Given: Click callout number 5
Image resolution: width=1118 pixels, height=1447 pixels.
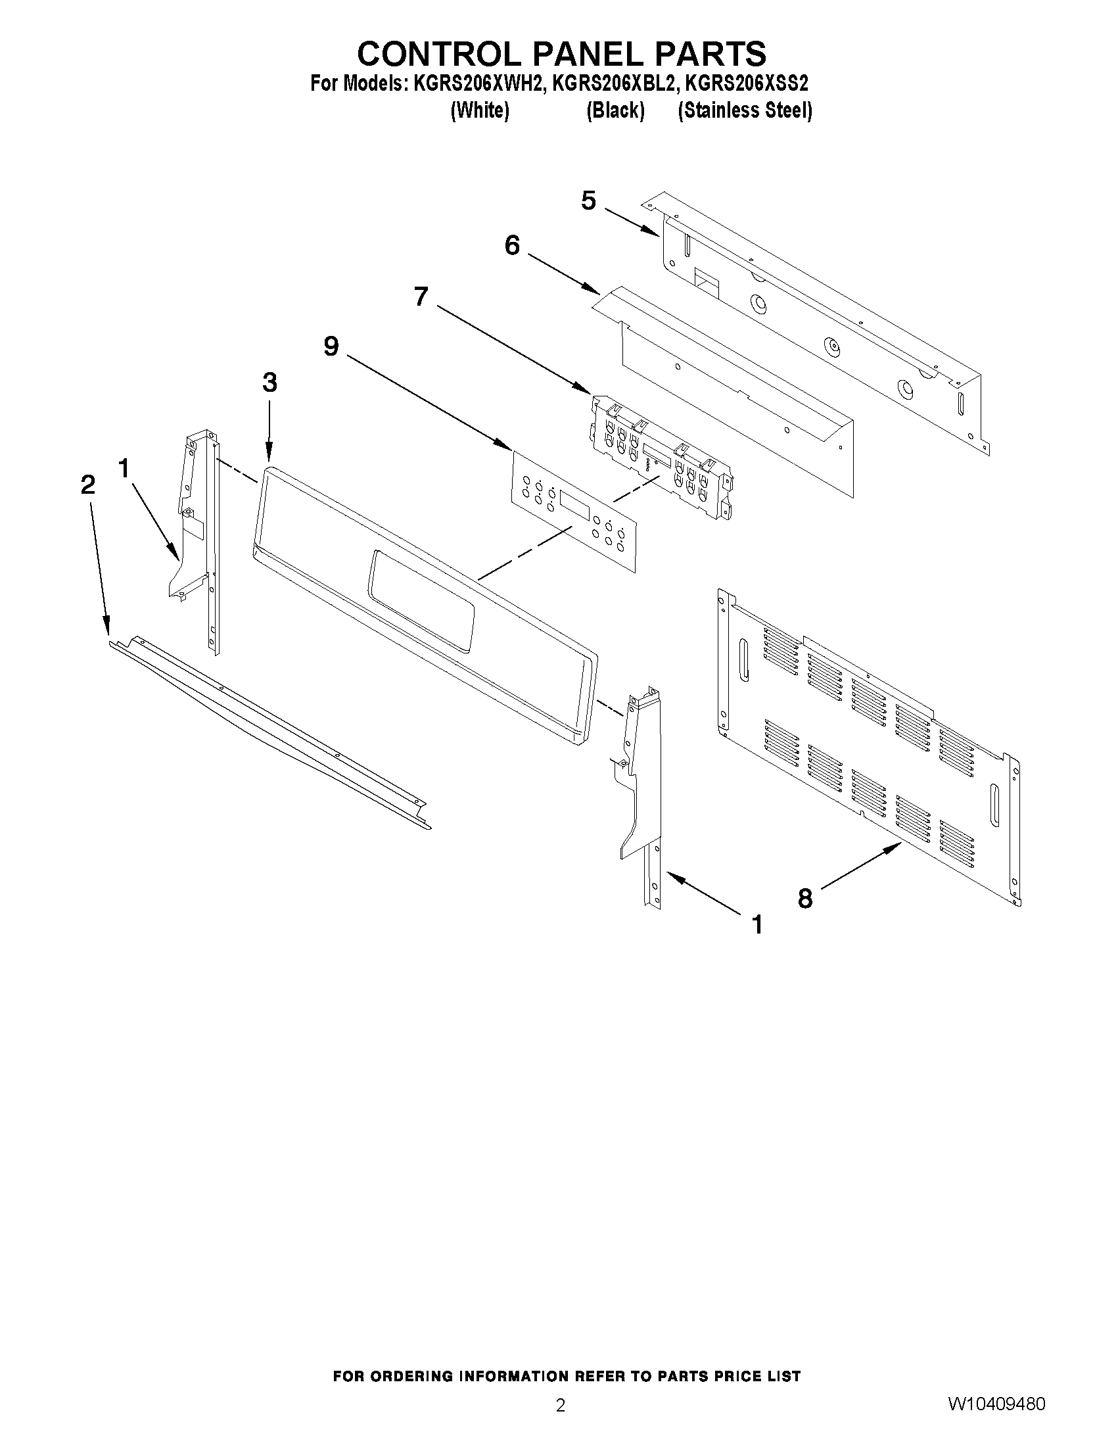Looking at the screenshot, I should tap(588, 200).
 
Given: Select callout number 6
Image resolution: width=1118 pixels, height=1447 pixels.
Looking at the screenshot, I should tap(512, 246).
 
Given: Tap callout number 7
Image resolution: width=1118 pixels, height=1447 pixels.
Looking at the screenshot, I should tap(421, 296).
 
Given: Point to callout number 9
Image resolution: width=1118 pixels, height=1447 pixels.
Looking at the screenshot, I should tap(331, 346).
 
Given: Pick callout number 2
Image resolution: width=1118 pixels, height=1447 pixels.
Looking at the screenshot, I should tap(88, 485).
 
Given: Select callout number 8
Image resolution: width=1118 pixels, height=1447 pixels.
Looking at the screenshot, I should tap(804, 899).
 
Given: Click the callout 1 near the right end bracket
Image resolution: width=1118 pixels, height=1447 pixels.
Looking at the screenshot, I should tap(758, 924).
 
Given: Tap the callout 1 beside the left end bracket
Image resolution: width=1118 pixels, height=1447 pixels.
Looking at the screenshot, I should tap(124, 469).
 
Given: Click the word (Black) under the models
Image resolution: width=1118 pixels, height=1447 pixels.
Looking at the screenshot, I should tap(615, 110).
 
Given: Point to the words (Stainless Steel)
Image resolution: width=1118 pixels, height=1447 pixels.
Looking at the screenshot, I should tap(745, 110).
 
